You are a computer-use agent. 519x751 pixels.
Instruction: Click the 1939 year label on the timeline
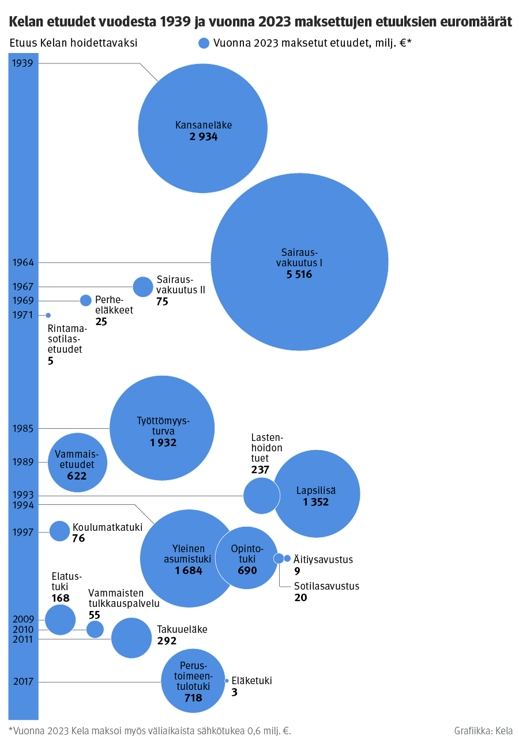[x=23, y=63]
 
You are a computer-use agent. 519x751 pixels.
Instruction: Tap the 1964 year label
[x=23, y=262]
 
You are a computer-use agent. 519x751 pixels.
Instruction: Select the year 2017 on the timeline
[x=23, y=682]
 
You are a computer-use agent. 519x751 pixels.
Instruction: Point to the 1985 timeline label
[x=23, y=428]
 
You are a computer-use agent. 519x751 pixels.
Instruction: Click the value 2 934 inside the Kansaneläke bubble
[x=204, y=137]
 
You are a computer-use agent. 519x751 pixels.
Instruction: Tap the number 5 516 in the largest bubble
[x=299, y=274]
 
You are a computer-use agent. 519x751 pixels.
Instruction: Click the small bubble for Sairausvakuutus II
[x=143, y=287]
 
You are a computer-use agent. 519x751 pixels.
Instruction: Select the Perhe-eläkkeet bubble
[x=85, y=300]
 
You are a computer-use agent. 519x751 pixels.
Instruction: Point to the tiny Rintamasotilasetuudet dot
[x=48, y=315]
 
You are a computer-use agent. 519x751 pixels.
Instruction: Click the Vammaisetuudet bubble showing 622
[x=77, y=463]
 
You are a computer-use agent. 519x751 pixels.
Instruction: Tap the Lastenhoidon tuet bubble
[x=261, y=496]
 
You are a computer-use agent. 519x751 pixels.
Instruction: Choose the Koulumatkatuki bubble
[x=60, y=531]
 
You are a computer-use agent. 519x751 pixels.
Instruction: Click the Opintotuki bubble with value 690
[x=247, y=558]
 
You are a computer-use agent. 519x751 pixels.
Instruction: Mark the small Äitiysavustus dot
[x=287, y=558]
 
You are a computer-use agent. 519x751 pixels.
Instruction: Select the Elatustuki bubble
[x=61, y=620]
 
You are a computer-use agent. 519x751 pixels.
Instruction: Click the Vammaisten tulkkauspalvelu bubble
[x=95, y=629]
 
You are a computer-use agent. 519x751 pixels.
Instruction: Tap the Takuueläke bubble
[x=131, y=638]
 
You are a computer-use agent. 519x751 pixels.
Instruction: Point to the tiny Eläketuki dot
[x=227, y=681]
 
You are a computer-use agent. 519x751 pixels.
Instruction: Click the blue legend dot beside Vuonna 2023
[x=204, y=43]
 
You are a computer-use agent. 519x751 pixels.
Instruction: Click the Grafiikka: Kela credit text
[x=483, y=731]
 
